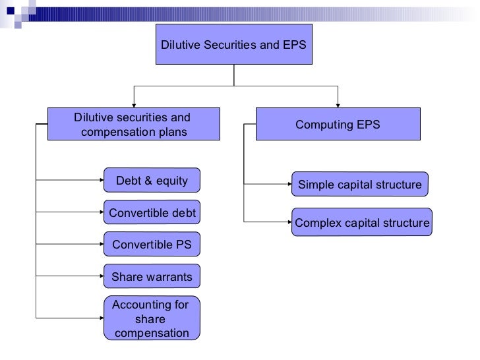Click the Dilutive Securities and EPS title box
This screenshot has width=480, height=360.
(234, 45)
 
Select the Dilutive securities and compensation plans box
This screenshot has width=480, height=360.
(131, 125)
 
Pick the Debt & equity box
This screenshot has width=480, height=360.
(152, 181)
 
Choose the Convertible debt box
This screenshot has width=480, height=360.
(152, 213)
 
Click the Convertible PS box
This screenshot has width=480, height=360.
(152, 245)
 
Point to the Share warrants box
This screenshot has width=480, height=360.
(152, 277)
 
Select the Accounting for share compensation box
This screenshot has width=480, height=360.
(152, 318)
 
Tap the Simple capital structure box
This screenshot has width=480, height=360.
(359, 185)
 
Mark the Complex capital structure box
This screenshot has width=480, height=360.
(362, 223)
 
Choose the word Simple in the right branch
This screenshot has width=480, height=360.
(315, 185)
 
